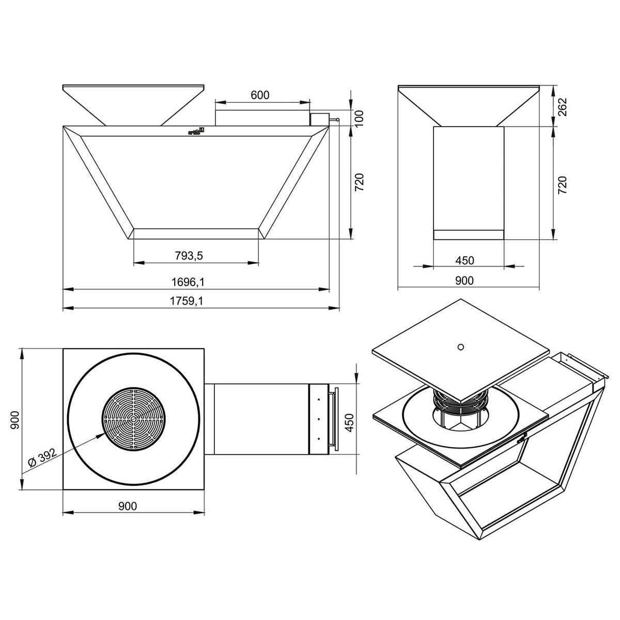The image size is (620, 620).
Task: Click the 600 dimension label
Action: pyautogui.click(x=260, y=95)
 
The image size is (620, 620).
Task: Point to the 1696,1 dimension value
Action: pyautogui.click(x=195, y=282)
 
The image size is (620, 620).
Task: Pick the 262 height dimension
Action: pyautogui.click(x=563, y=107)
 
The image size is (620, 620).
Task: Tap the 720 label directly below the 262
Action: pyautogui.click(x=563, y=185)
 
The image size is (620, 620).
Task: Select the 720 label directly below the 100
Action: pyautogui.click(x=360, y=182)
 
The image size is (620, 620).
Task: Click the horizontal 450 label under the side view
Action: pyautogui.click(x=465, y=260)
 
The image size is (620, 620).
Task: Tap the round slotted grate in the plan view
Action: pyautogui.click(x=134, y=419)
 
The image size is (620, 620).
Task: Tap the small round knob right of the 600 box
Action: pyautogui.click(x=337, y=120)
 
